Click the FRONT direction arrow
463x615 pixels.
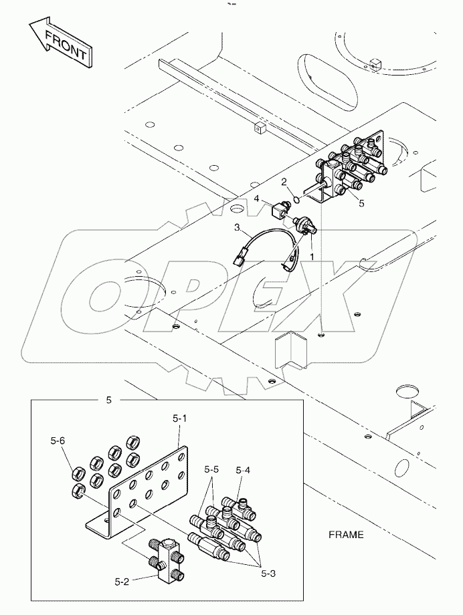click(x=62, y=44)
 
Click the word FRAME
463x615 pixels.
click(x=346, y=534)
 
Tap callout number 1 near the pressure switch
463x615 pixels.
click(x=312, y=257)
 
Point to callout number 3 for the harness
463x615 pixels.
click(x=237, y=227)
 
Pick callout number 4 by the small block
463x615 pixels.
click(x=256, y=199)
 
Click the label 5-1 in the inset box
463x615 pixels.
click(x=179, y=419)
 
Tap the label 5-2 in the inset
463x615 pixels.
click(x=122, y=582)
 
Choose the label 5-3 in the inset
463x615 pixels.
click(x=268, y=574)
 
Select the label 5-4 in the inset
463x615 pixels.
click(x=243, y=470)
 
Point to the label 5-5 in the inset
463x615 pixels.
click(x=211, y=469)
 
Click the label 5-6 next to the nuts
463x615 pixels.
click(x=58, y=441)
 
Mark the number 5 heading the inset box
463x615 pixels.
click(x=109, y=400)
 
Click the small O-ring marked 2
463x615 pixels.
click(x=297, y=200)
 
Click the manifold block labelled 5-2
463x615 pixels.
click(x=167, y=555)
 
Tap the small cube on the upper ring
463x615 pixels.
click(x=376, y=63)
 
